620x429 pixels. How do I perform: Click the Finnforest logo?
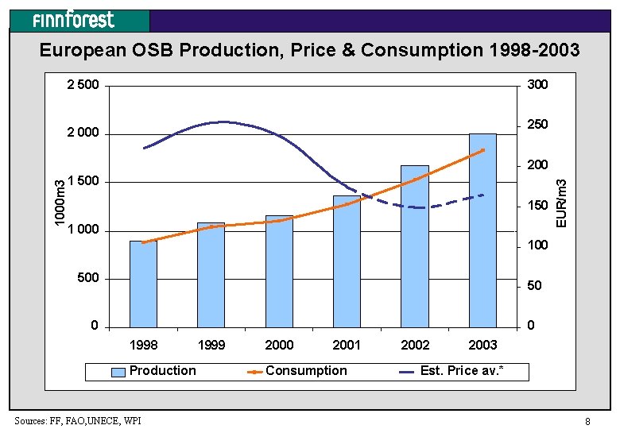74,20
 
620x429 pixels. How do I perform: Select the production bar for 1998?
144,284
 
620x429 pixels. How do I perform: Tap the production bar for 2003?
482,230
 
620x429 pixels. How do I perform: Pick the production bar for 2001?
347,261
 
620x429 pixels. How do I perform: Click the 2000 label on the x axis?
279,346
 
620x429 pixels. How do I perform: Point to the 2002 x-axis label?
415,346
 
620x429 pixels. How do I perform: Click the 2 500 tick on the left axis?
83,85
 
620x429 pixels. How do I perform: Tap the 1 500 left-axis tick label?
83,181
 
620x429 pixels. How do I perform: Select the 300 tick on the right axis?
538,84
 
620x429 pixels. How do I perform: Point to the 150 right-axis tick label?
538,206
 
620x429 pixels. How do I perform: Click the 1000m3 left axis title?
60,203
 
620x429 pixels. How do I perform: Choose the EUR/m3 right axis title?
561,203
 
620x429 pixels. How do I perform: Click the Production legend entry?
153,371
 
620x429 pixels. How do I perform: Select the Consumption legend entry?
297,371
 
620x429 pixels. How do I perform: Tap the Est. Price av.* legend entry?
451,371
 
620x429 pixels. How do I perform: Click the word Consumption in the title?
422,50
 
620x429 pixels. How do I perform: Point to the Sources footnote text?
78,421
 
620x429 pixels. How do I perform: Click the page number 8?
587,422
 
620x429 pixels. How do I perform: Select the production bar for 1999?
211,275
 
